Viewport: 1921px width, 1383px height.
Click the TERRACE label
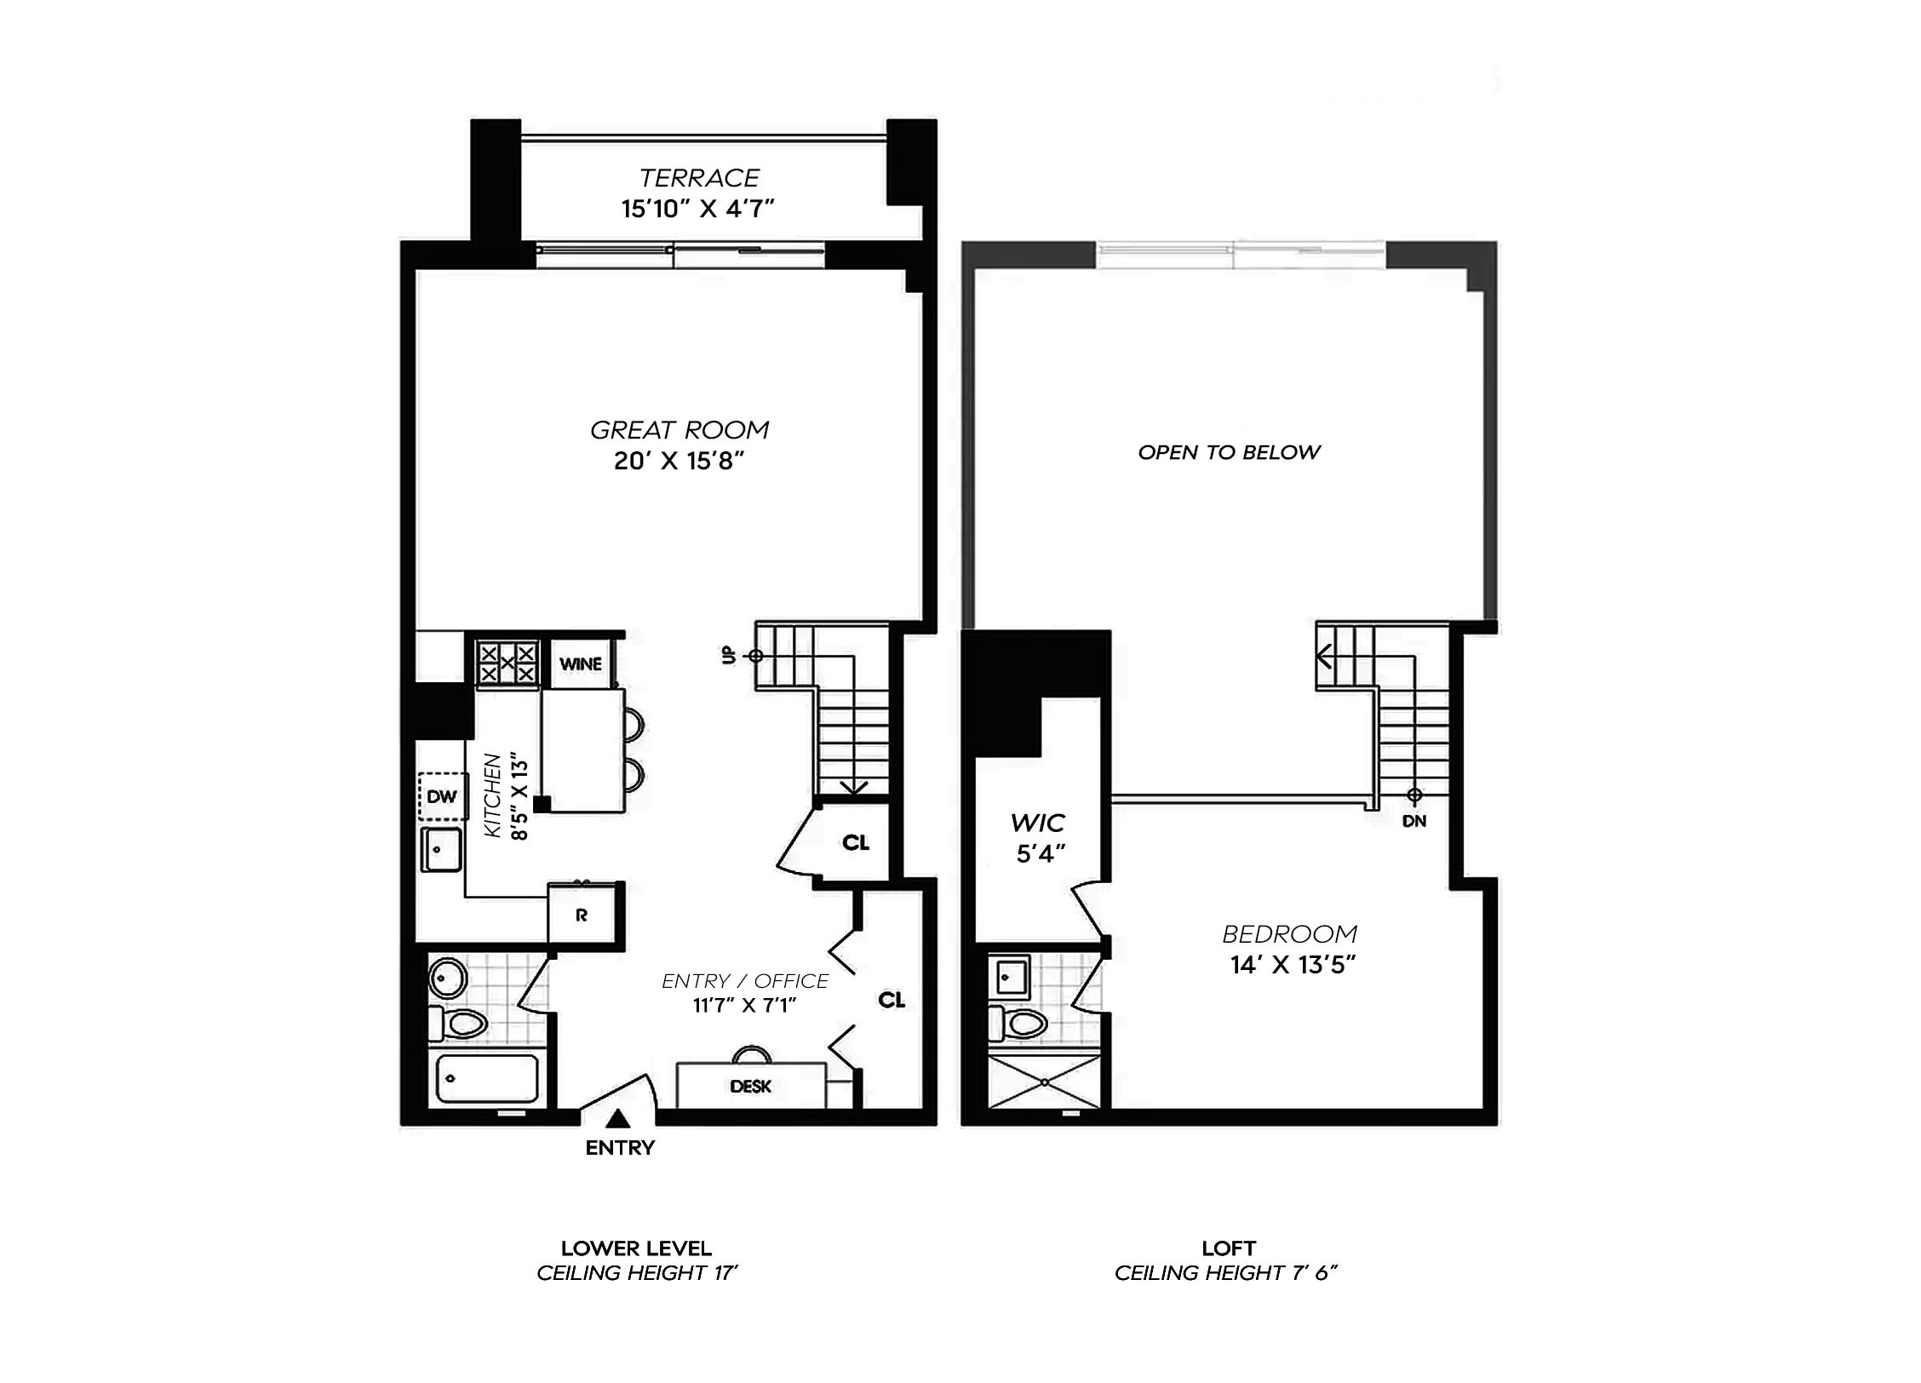698,178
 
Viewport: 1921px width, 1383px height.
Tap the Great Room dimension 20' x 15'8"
679,461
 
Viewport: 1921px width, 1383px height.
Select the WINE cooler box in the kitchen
581,663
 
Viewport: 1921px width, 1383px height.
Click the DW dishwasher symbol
442,797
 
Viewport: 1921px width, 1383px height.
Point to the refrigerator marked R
582,915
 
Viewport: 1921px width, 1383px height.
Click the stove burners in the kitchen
507,663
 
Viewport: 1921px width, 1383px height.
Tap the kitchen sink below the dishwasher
441,850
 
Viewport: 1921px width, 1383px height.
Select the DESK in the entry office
750,1086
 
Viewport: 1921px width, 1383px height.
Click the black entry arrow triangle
619,1118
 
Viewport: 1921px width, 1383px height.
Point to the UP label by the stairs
729,655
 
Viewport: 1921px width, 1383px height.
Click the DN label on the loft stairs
1414,821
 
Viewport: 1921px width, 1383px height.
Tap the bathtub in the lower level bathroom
487,1078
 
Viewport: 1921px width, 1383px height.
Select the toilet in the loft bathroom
1017,1022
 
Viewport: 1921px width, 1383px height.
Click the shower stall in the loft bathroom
1045,1082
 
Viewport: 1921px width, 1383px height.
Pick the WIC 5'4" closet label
1038,838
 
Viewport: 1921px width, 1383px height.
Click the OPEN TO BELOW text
1229,452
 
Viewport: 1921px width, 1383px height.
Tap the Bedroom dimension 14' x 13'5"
1293,965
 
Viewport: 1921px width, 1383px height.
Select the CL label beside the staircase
856,842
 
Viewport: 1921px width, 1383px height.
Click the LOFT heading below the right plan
1228,1248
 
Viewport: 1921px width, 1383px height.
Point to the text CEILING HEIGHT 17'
637,1273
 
